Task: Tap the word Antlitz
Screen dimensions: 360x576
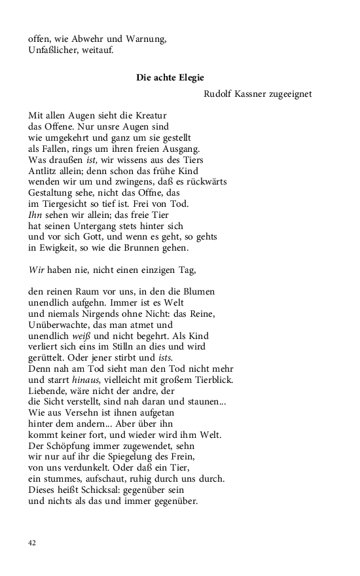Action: click(42, 171)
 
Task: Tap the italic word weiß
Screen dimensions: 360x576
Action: click(84, 336)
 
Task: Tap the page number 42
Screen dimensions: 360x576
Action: click(33, 543)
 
